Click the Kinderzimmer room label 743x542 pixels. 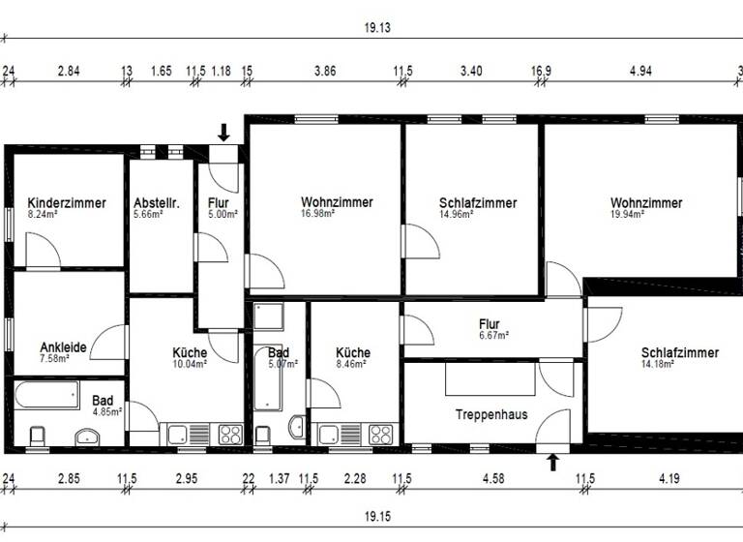click(x=67, y=203)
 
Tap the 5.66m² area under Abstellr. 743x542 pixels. click(x=148, y=214)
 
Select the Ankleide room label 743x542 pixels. click(x=63, y=346)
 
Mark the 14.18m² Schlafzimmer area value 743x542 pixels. click(x=659, y=364)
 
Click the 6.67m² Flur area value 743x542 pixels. click(x=493, y=335)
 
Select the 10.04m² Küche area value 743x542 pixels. click(x=190, y=364)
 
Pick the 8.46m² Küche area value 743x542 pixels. click(x=352, y=364)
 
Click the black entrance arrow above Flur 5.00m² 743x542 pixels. click(x=223, y=133)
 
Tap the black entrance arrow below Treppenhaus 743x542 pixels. click(x=553, y=462)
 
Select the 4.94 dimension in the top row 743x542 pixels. click(x=641, y=71)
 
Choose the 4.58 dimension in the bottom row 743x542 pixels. click(x=492, y=478)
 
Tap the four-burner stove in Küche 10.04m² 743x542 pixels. click(x=230, y=434)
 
